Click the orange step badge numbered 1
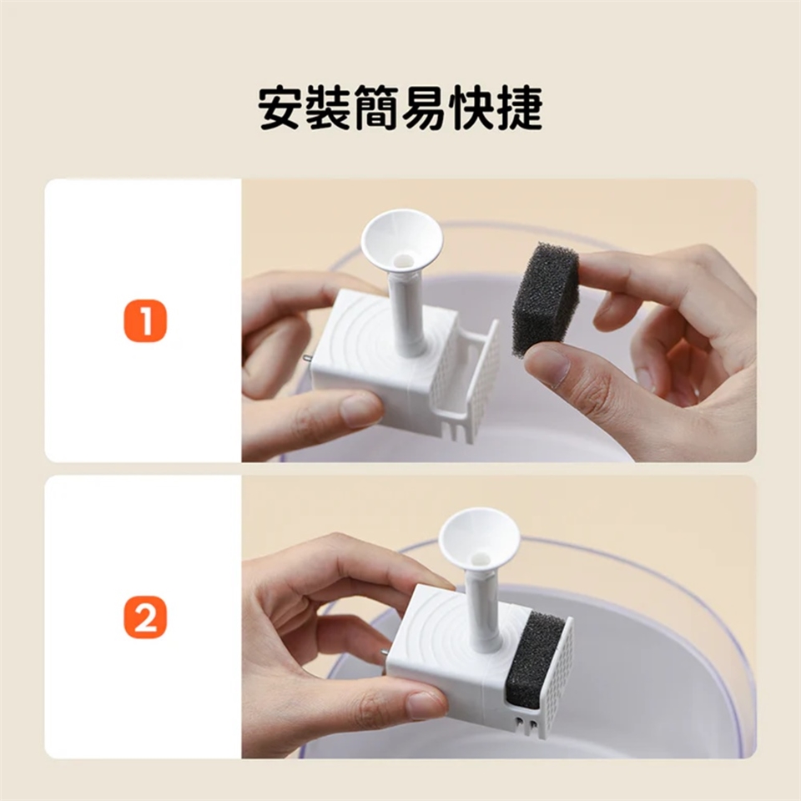click(145, 320)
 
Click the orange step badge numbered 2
click(145, 618)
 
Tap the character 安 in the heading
click(281, 108)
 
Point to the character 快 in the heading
click(471, 108)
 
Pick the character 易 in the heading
click(424, 108)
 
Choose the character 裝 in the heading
click(329, 108)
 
